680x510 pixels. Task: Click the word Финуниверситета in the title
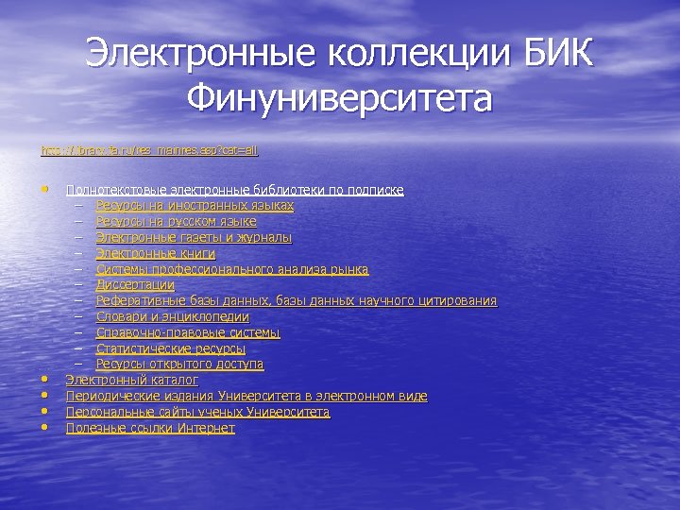tap(339, 97)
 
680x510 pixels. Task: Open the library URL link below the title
tap(149, 150)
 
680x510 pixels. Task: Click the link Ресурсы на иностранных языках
tap(195, 205)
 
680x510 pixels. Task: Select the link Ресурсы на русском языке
tap(176, 221)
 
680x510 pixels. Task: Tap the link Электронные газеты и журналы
tap(194, 237)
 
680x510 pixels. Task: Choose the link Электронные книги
tap(156, 253)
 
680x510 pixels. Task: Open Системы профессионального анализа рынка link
tap(232, 269)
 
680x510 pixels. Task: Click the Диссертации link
tap(135, 284)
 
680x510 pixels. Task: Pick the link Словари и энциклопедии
tap(173, 316)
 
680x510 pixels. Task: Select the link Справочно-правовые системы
tap(188, 332)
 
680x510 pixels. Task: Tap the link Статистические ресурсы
tap(171, 348)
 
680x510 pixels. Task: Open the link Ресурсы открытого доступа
tap(179, 364)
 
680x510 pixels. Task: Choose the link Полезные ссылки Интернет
tap(150, 428)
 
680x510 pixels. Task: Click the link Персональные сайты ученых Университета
tap(197, 412)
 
